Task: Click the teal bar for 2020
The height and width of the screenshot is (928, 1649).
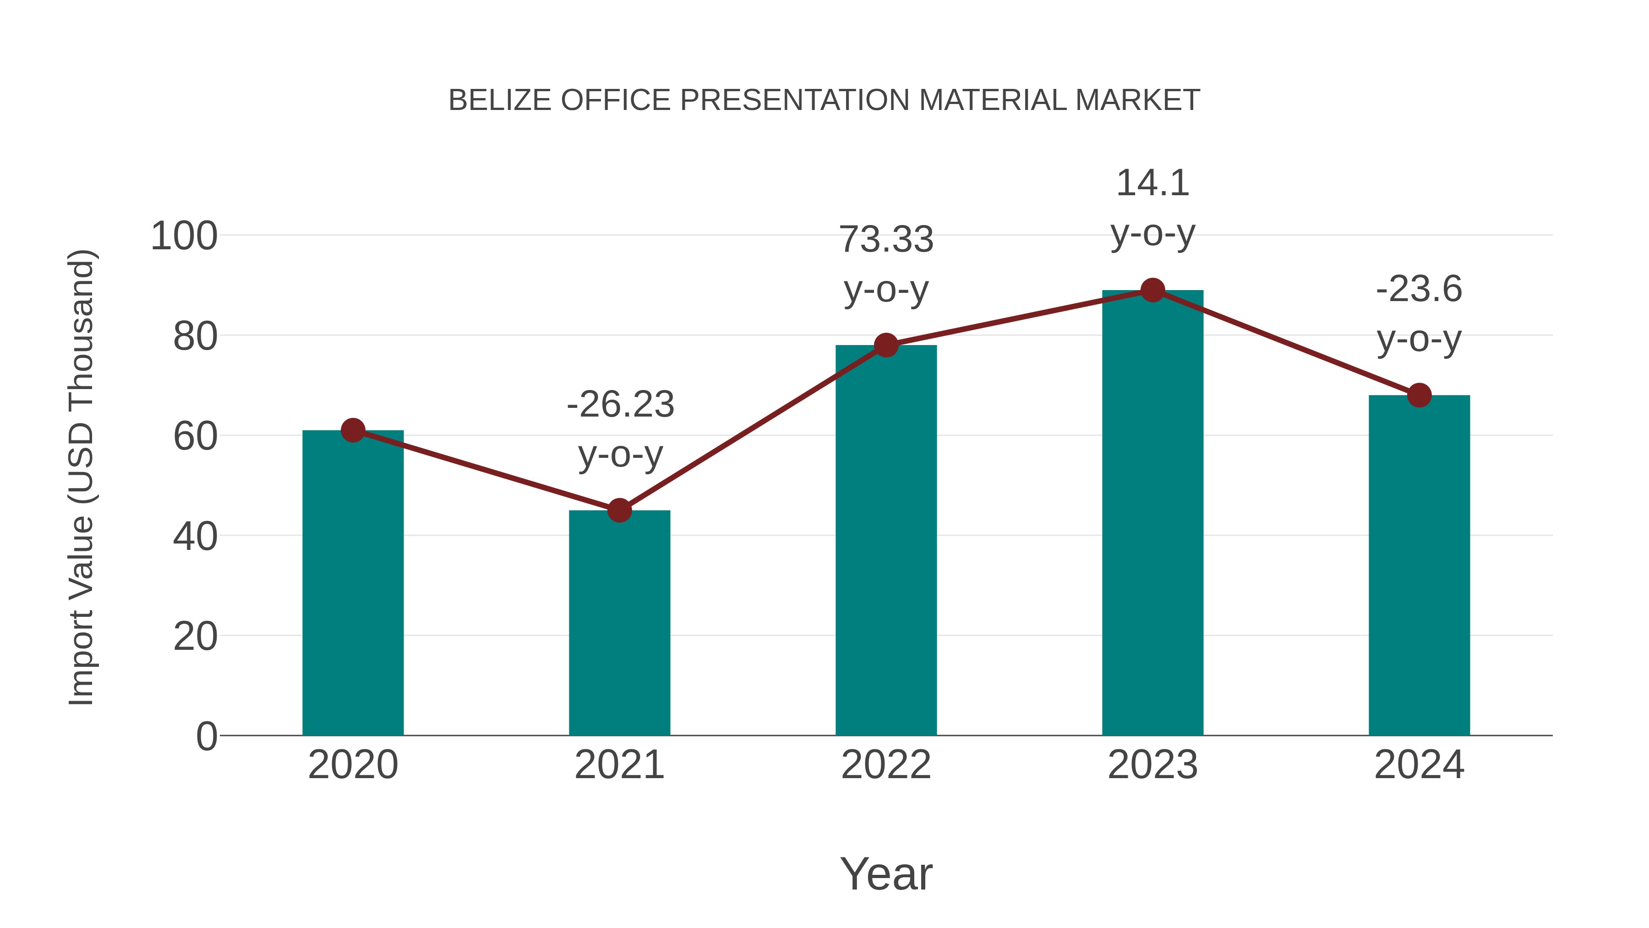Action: tap(353, 583)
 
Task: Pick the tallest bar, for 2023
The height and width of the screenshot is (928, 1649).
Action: tap(1152, 512)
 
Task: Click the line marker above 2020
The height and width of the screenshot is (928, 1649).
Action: tap(353, 430)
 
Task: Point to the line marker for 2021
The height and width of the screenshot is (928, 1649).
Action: tap(619, 511)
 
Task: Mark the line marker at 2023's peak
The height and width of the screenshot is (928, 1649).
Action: tap(1152, 290)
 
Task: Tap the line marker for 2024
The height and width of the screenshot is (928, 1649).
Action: tap(1419, 395)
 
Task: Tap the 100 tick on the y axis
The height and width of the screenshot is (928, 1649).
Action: tap(184, 236)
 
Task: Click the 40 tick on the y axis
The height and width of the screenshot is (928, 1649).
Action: tap(195, 537)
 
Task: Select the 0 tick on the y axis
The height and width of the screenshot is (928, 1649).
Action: tap(207, 736)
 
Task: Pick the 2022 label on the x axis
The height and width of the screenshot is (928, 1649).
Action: tap(886, 765)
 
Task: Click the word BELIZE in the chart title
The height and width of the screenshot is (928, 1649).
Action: tap(499, 100)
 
